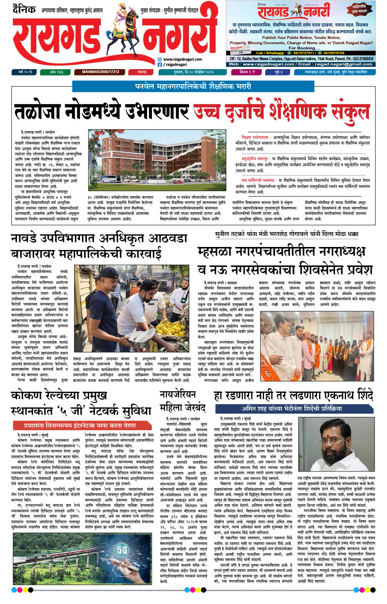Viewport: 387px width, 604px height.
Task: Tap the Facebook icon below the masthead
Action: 160,65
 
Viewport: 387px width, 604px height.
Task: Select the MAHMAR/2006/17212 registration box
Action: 100,72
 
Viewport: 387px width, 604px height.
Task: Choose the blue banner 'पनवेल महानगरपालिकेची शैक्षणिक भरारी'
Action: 193,86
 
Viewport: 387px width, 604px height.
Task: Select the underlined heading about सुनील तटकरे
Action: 287,234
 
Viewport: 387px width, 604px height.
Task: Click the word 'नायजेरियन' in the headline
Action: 178,394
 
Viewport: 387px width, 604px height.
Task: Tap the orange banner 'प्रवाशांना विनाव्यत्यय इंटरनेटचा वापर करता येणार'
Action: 80,425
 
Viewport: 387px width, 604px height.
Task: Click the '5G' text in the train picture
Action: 122,549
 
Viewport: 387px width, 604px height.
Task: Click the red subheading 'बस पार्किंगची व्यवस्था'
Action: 258,180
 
